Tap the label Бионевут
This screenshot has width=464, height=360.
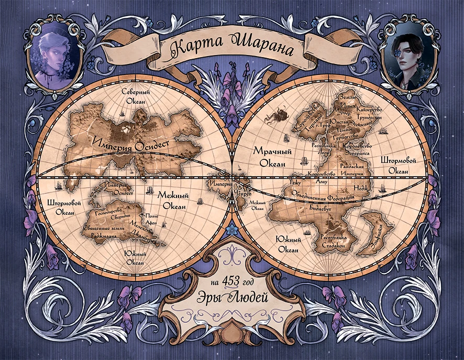click(x=321, y=208)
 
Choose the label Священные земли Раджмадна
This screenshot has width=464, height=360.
click(x=105, y=232)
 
